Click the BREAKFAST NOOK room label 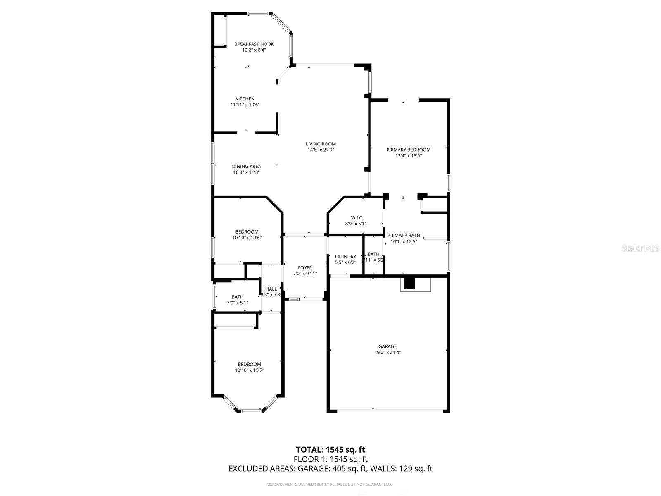(x=254, y=44)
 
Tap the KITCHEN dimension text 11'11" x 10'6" (x=245, y=105)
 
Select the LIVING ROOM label (x=321, y=144)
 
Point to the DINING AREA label (x=246, y=167)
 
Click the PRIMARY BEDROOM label (x=408, y=150)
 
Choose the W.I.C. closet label (x=357, y=218)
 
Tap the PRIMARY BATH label (x=404, y=236)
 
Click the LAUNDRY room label (x=345, y=257)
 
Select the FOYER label (x=305, y=268)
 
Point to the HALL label (x=271, y=289)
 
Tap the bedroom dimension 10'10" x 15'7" (x=249, y=370)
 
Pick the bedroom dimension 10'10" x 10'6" (x=247, y=238)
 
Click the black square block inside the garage (x=409, y=283)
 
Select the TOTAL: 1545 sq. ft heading (x=330, y=450)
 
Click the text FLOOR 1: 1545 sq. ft (x=330, y=459)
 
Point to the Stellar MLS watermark (x=640, y=248)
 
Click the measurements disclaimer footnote (x=329, y=484)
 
